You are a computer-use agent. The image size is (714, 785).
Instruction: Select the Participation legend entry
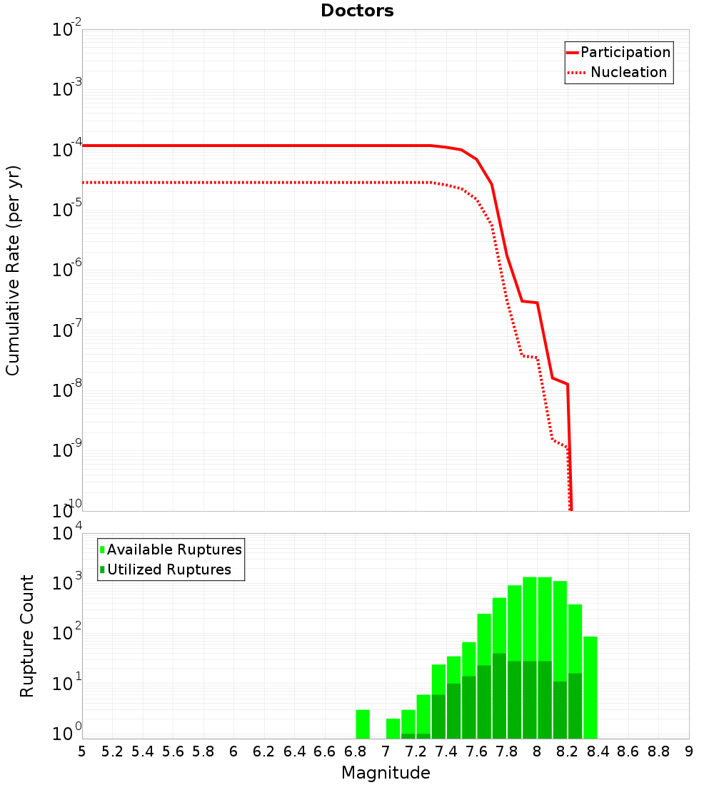click(625, 53)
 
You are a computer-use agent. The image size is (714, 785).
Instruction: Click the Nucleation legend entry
click(628, 73)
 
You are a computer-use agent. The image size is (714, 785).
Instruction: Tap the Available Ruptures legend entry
click(174, 549)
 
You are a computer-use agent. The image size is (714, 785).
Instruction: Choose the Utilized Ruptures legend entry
click(169, 569)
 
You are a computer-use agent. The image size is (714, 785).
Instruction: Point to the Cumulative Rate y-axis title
click(13, 270)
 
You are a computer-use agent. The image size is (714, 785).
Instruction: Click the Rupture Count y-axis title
click(27, 636)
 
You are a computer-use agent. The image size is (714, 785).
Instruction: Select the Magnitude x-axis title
click(386, 773)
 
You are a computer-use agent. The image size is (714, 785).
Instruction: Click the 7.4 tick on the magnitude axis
click(446, 751)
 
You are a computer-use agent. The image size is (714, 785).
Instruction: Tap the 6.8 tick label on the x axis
click(355, 751)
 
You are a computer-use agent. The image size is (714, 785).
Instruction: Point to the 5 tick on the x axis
click(82, 751)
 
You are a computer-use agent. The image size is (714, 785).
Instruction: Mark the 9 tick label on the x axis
click(688, 751)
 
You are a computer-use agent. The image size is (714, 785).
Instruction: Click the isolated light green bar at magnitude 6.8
click(363, 724)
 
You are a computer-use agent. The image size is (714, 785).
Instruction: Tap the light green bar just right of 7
click(393, 728)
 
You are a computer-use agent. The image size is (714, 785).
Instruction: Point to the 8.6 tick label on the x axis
click(628, 751)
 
